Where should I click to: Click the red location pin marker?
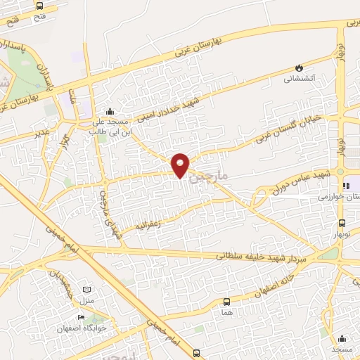[181, 165]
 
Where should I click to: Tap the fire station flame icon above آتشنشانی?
[300, 67]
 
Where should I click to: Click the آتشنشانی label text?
[300, 79]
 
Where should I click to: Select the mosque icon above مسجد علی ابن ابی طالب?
[109, 111]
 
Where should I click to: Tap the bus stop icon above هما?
[226, 299]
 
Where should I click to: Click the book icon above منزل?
[86, 290]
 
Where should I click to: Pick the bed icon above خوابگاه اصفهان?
[83, 318]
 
